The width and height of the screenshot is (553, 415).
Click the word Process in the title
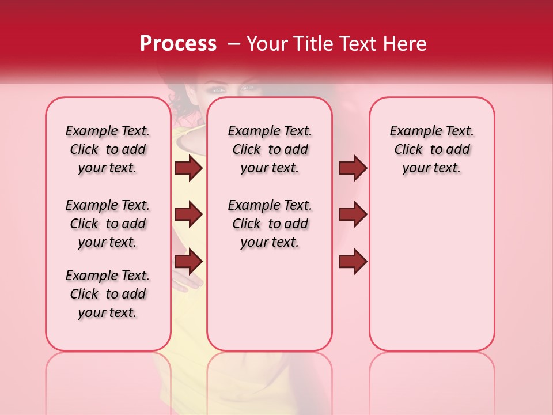pos(178,44)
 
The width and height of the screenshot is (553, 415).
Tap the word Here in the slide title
pos(406,44)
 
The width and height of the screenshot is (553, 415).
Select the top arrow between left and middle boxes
pos(188,168)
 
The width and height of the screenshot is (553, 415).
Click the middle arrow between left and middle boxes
pos(188,214)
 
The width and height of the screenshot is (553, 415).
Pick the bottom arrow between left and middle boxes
pos(188,262)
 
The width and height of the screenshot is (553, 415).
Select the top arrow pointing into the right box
pos(353,168)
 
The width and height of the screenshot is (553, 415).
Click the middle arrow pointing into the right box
pos(353,214)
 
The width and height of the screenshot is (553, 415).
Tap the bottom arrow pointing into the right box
pos(353,262)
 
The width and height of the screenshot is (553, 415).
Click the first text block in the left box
pos(108,149)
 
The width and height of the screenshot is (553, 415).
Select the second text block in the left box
pos(108,224)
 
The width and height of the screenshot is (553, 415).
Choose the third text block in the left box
pos(108,294)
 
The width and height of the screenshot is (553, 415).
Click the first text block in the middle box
pos(270,149)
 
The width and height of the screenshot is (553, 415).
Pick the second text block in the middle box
pos(270,224)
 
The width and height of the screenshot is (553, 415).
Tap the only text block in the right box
pos(432,149)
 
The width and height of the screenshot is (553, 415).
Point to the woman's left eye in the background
pos(248,88)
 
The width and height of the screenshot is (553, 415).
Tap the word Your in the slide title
pos(267,44)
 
